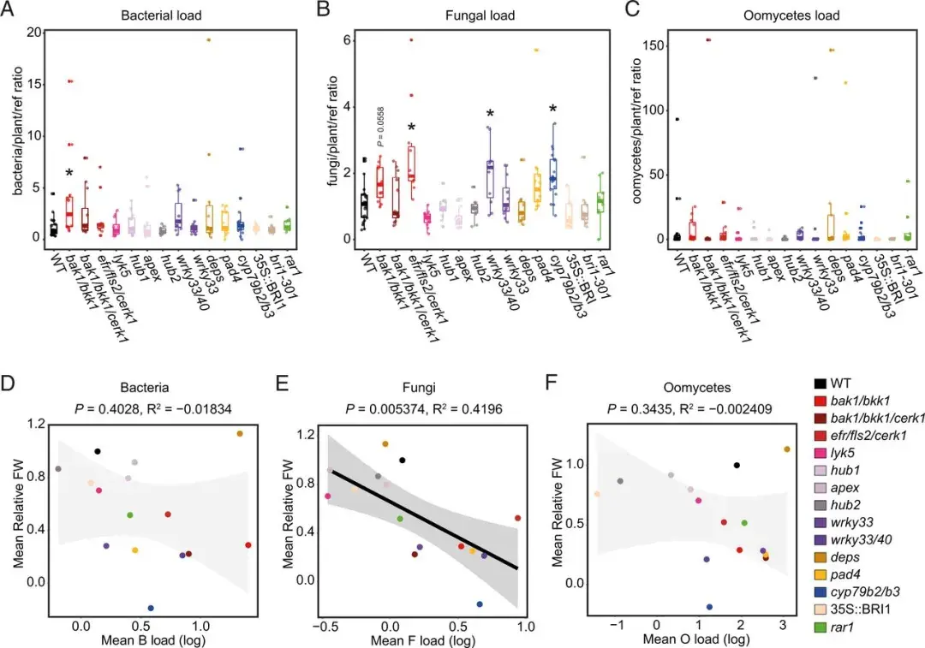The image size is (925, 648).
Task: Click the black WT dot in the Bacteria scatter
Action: pyautogui.click(x=98, y=451)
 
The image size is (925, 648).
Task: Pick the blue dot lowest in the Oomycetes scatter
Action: pyautogui.click(x=709, y=606)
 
